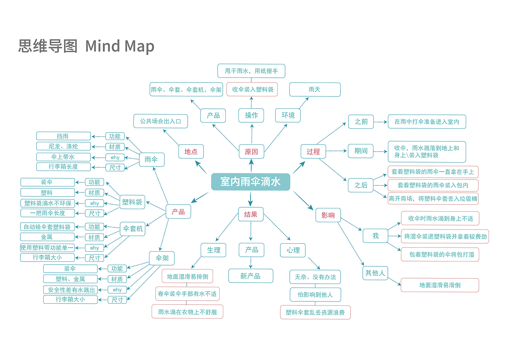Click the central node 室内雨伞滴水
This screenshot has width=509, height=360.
[251, 182]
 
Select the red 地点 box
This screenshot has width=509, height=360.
[191, 152]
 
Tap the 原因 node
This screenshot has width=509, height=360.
[251, 152]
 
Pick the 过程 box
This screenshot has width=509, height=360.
[313, 152]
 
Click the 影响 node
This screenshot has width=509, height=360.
[328, 215]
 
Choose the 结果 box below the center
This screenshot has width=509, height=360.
[251, 215]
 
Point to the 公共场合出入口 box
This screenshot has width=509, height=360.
[161, 121]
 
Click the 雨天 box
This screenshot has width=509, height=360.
[314, 89]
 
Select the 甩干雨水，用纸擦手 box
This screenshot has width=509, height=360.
[251, 71]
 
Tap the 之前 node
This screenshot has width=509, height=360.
[361, 121]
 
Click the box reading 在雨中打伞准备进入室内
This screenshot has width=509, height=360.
[426, 122]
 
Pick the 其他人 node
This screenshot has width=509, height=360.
[375, 273]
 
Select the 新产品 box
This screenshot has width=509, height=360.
[251, 276]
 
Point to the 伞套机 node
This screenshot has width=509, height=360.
[133, 229]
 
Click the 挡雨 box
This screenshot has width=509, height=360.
[63, 136]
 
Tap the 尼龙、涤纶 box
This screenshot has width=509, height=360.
[63, 146]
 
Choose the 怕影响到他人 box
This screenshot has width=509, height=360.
[315, 295]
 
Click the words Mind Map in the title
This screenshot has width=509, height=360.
[120, 46]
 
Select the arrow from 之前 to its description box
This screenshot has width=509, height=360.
[380, 122]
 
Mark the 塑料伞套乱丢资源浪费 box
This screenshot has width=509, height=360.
[315, 312]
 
